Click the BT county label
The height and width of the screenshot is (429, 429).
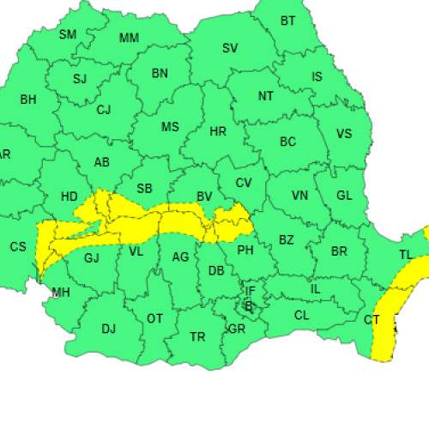click(x=287, y=21)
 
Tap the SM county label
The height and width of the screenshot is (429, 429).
click(x=68, y=34)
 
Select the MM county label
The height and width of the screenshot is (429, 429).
click(x=130, y=38)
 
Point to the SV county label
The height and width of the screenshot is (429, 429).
click(x=230, y=48)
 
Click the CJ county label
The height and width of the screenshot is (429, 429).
click(x=104, y=109)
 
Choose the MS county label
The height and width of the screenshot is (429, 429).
click(x=171, y=127)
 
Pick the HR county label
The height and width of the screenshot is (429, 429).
click(x=218, y=131)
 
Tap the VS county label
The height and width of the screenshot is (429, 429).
click(x=344, y=134)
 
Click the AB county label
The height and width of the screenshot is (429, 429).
click(x=102, y=162)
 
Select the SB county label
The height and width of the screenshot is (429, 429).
click(x=145, y=189)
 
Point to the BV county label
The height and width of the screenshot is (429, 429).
click(x=204, y=196)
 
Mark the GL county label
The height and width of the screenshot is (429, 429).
click(x=344, y=196)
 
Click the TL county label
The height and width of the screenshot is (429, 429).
click(x=406, y=254)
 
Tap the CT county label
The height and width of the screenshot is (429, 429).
click(x=372, y=319)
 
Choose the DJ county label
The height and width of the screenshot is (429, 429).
click(x=109, y=328)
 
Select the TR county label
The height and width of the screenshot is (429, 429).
click(x=197, y=336)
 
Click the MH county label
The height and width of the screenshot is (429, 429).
click(x=61, y=293)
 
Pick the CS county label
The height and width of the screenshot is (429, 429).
click(x=18, y=246)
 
